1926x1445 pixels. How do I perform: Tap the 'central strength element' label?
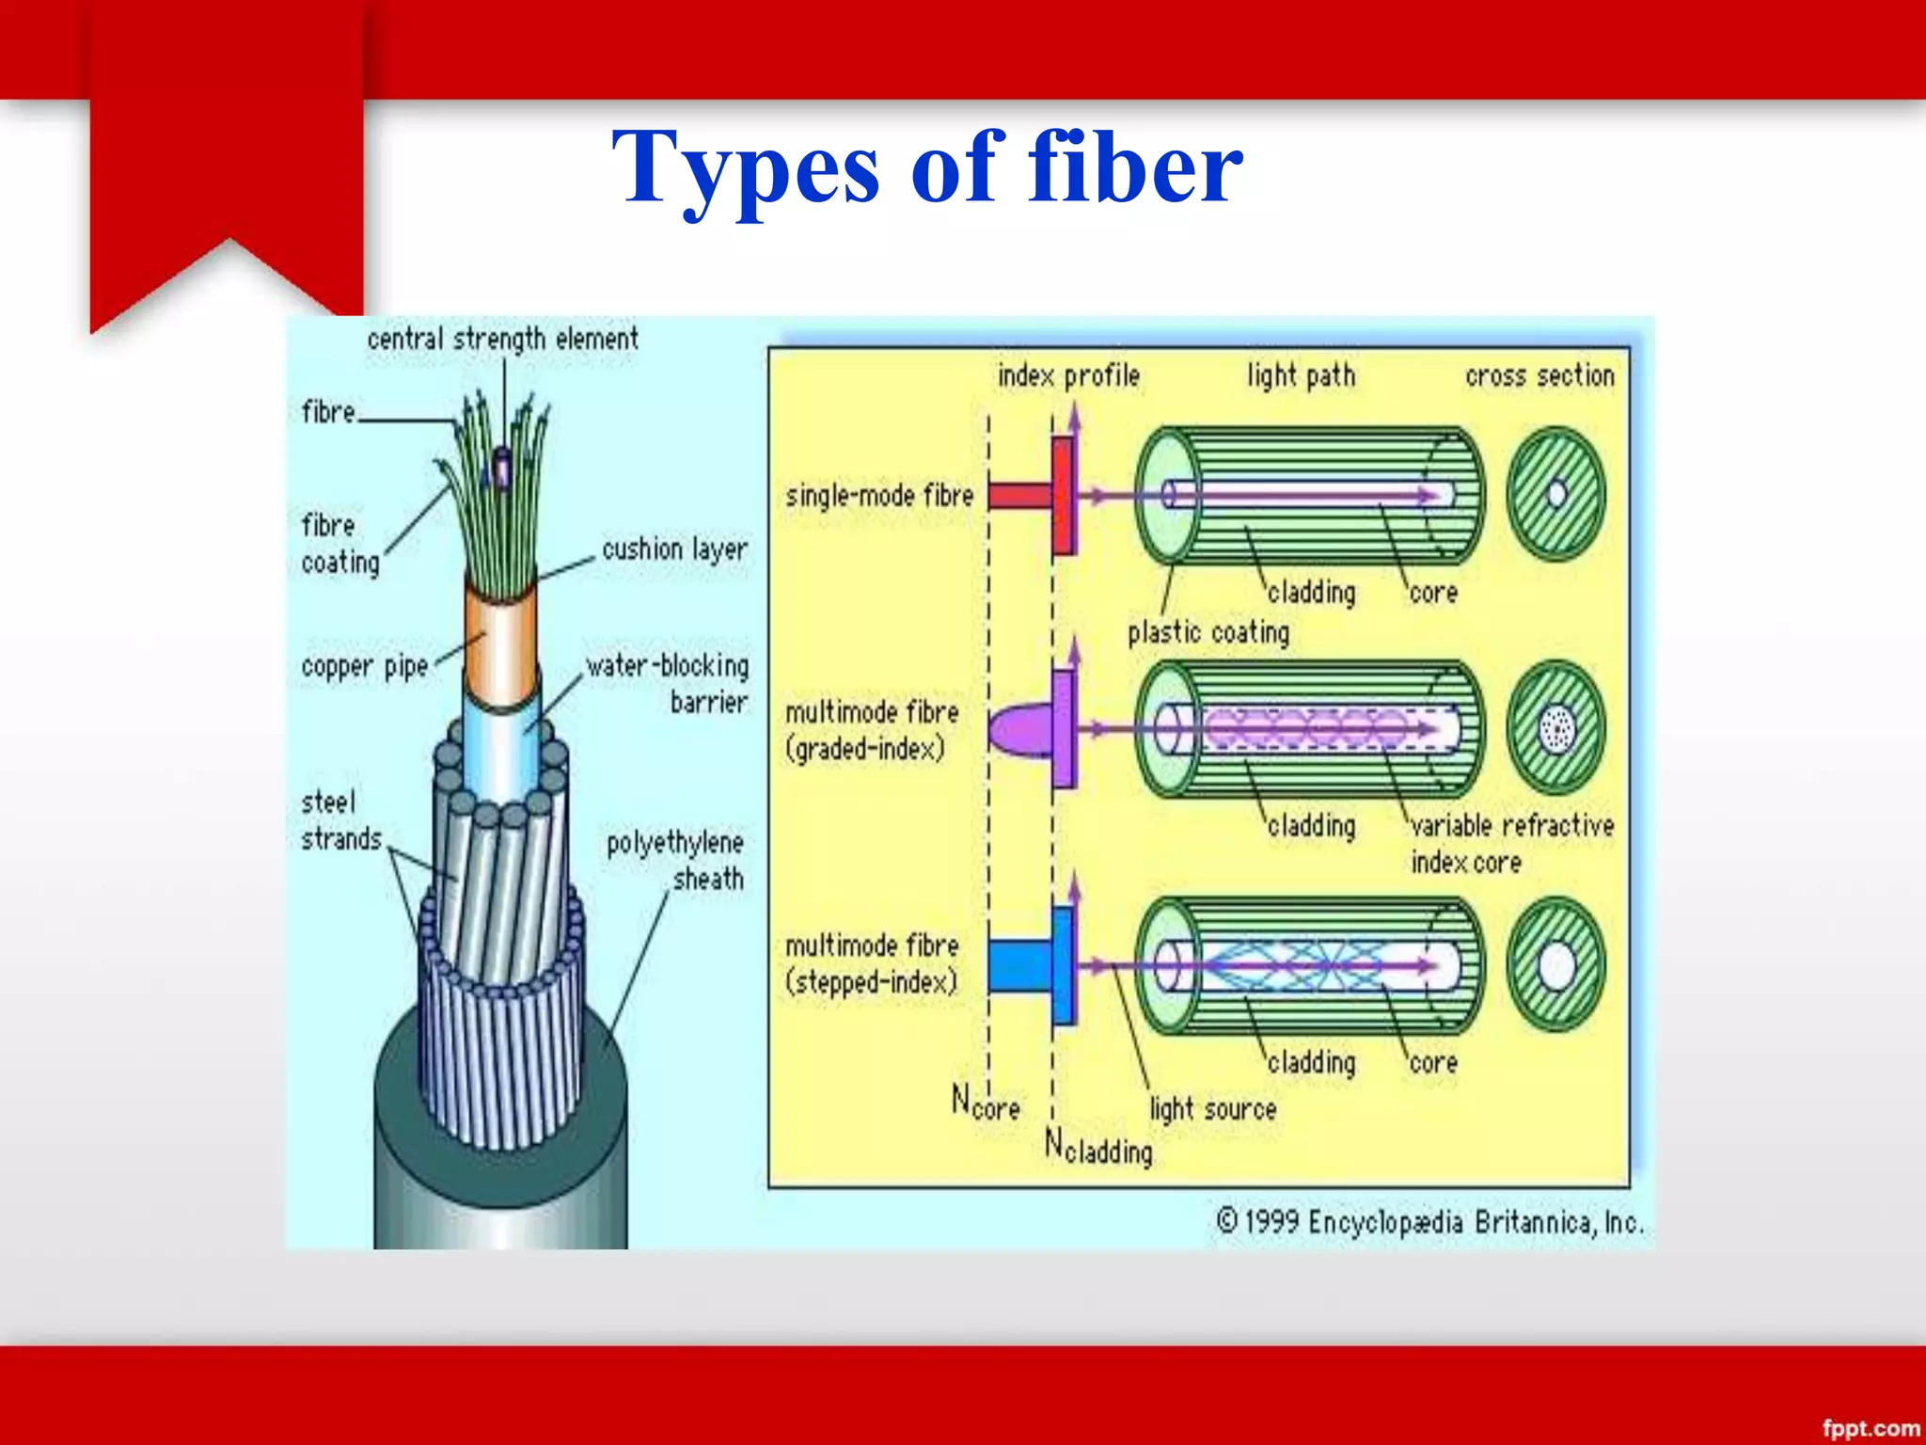(502, 339)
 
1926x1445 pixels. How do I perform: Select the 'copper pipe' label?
(365, 667)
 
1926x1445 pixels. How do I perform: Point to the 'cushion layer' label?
(674, 548)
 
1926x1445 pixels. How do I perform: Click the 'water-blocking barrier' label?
(668, 683)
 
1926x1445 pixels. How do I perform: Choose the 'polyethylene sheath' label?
(675, 860)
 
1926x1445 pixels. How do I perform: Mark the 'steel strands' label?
(340, 820)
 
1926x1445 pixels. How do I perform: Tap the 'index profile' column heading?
(1068, 376)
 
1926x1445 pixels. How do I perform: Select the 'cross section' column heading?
(1539, 376)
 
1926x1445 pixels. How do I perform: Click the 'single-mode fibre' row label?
(879, 496)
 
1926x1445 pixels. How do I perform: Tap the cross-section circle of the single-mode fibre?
(1556, 495)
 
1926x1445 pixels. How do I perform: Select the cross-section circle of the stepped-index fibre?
(1556, 965)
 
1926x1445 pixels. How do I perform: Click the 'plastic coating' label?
(1208, 632)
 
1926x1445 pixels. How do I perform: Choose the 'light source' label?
(1213, 1109)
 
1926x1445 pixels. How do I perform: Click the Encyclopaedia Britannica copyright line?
(1429, 1222)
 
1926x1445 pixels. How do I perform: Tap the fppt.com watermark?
(1871, 1428)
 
